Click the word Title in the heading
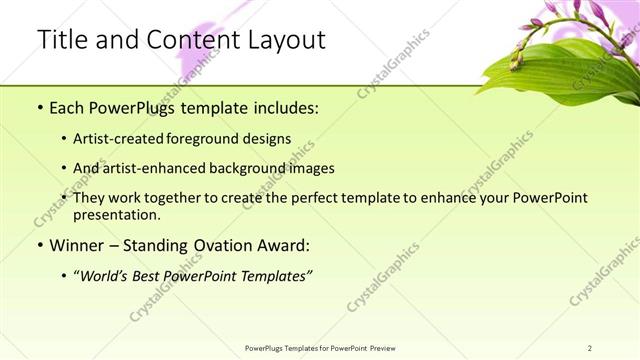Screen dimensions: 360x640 point(61,41)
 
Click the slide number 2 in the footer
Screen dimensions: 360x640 point(591,348)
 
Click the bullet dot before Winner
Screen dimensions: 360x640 point(39,246)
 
